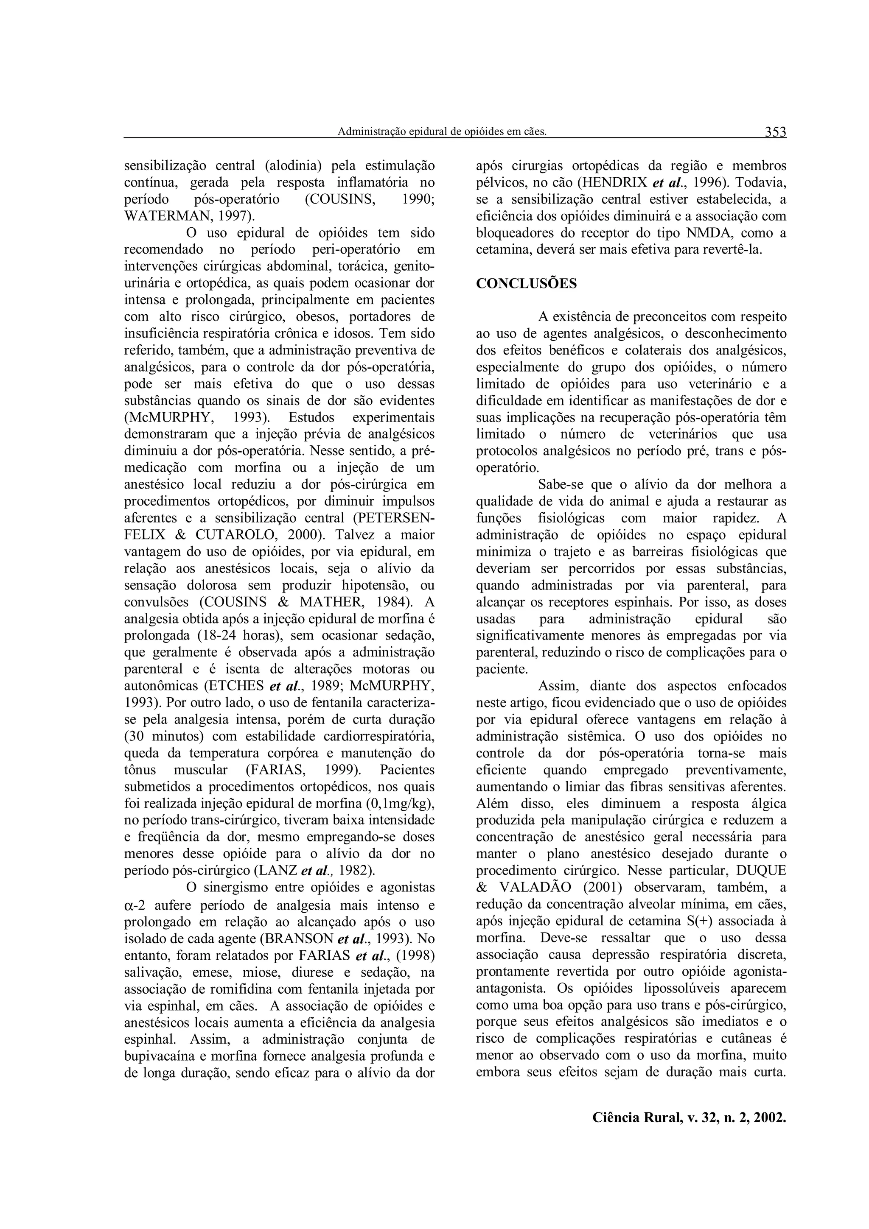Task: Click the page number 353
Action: (775, 131)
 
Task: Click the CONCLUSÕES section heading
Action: (526, 284)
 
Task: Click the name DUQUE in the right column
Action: (757, 870)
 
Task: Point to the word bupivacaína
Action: (162, 1055)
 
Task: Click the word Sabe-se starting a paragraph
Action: (562, 484)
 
